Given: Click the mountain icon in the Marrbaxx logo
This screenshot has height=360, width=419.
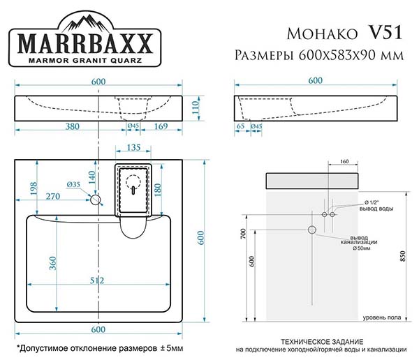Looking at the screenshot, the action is pyautogui.click(x=85, y=23).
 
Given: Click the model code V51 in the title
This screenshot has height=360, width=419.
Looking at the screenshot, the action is pyautogui.click(x=385, y=33).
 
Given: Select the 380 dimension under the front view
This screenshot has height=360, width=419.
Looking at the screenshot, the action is pyautogui.click(x=73, y=126).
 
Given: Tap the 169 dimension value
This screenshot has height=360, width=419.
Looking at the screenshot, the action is pyautogui.click(x=161, y=126).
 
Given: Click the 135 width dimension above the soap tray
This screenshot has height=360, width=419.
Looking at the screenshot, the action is pyautogui.click(x=133, y=147).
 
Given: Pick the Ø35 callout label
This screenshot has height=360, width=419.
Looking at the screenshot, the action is pyautogui.click(x=73, y=184).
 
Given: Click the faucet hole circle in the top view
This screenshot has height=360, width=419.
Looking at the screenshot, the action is pyautogui.click(x=95, y=200).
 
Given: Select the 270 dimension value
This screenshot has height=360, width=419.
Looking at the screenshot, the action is pyautogui.click(x=53, y=196).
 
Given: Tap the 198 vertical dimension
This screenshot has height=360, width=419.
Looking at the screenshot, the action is pyautogui.click(x=34, y=188).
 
